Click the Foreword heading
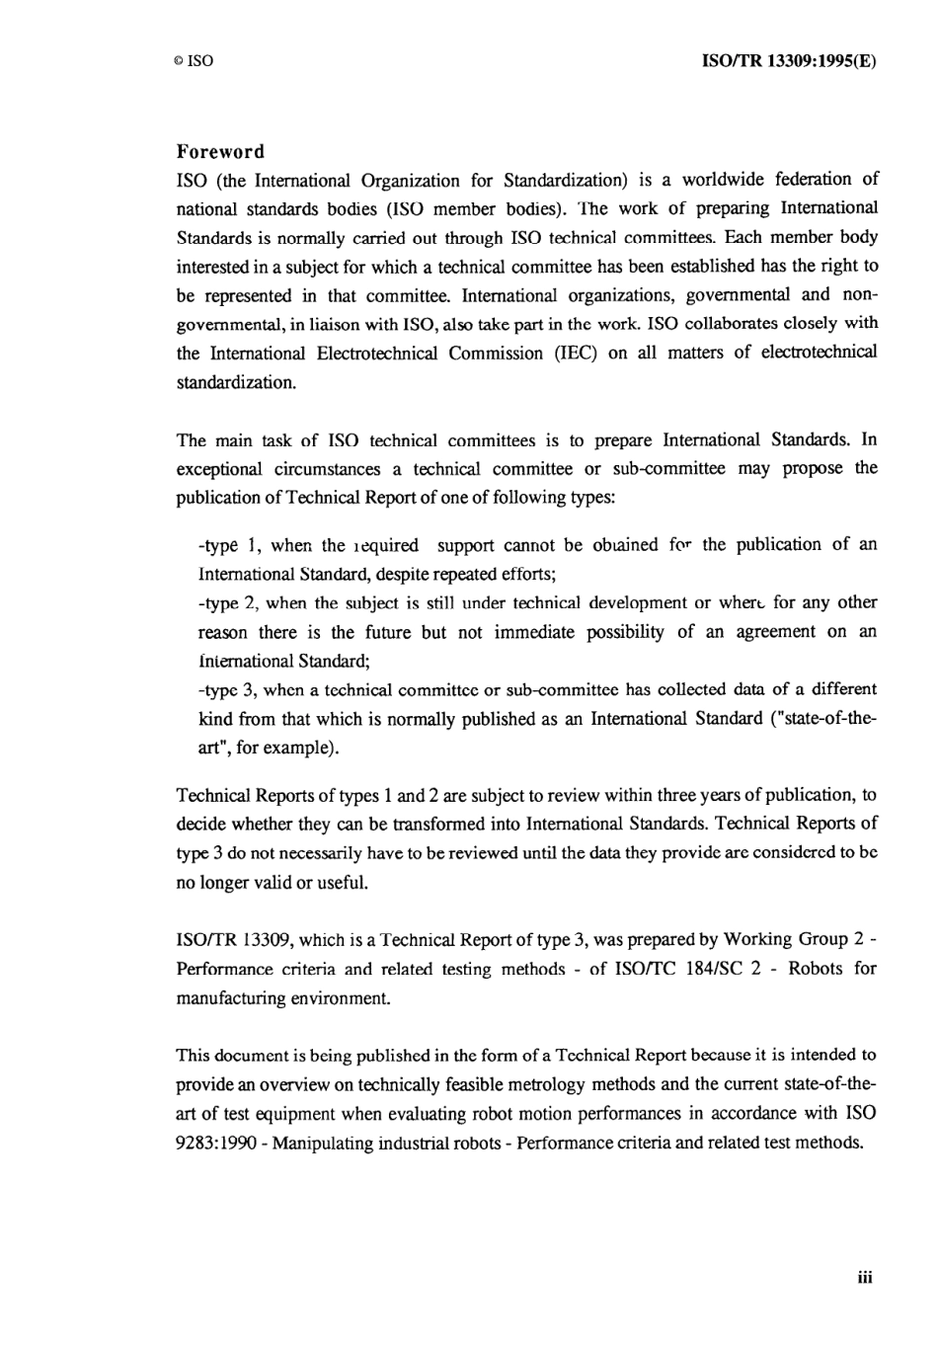click(220, 151)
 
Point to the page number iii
click(865, 1277)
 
